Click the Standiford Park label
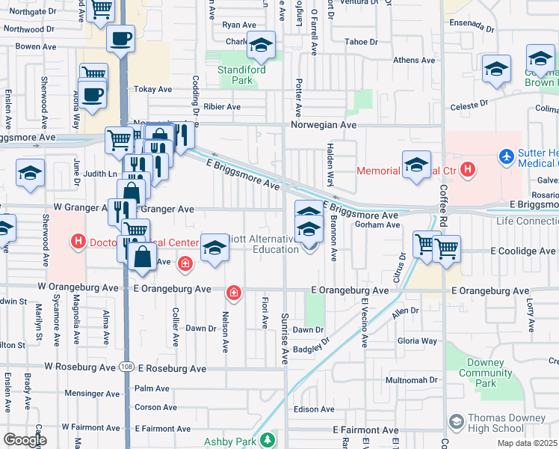click(232, 73)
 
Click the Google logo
click(25, 440)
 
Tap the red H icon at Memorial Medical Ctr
click(468, 171)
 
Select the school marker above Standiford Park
click(261, 46)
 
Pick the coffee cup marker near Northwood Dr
click(120, 38)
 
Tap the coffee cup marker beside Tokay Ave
click(92, 95)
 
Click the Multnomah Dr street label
click(411, 380)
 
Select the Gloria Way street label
click(418, 340)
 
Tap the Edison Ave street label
click(314, 409)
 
